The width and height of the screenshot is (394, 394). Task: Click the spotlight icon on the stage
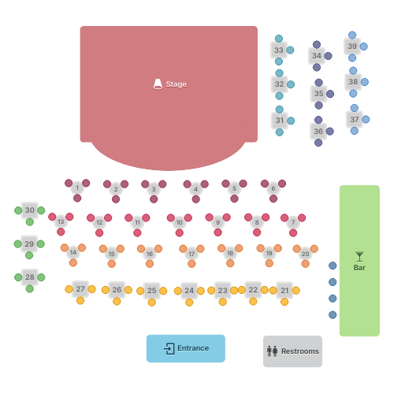(x=158, y=84)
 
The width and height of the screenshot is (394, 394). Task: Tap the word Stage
(x=176, y=84)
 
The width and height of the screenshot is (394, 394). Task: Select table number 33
(x=279, y=50)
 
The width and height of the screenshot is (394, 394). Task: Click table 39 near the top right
(x=352, y=46)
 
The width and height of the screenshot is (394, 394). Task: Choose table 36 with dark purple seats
(x=318, y=131)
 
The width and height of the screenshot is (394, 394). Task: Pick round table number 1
(x=77, y=188)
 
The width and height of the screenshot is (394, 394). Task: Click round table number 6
(x=273, y=188)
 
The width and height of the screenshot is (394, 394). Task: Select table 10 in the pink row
(x=180, y=222)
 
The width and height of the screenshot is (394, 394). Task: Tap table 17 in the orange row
(x=191, y=254)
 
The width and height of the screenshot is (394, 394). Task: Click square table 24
(x=189, y=290)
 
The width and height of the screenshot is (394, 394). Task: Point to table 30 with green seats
(x=30, y=210)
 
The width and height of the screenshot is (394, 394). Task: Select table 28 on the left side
(x=30, y=277)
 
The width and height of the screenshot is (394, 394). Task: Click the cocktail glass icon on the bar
(x=359, y=257)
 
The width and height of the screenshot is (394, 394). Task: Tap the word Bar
(x=359, y=268)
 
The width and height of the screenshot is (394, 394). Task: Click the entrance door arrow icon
(x=169, y=348)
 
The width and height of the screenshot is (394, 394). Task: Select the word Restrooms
(x=300, y=351)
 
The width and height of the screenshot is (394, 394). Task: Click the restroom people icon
(x=273, y=351)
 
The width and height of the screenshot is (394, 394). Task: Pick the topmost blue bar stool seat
(x=333, y=266)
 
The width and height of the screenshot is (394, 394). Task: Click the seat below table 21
(x=284, y=302)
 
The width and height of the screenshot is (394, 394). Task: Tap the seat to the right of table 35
(x=330, y=94)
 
